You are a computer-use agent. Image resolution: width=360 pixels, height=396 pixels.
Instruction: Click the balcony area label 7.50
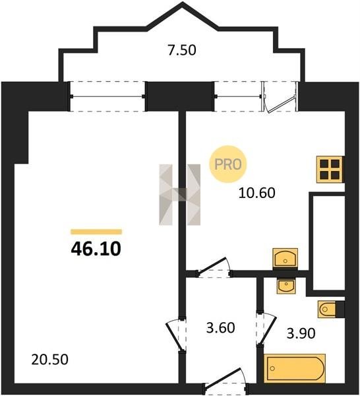[x=182, y=50]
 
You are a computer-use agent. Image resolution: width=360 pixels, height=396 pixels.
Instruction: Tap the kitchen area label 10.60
[x=257, y=193]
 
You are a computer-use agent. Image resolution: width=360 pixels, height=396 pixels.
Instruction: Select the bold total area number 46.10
[x=96, y=249]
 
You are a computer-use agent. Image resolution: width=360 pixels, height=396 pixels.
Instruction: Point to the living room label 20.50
[x=49, y=360]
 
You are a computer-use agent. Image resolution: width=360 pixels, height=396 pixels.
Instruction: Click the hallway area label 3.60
[x=220, y=328]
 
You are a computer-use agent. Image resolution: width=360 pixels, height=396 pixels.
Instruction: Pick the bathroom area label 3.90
[x=301, y=333]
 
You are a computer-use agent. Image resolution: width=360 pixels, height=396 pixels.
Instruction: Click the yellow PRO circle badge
[x=228, y=164]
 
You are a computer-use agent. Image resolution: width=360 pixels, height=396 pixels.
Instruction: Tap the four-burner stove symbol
[x=330, y=169]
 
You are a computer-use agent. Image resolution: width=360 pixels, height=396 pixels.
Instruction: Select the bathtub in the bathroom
[x=295, y=368]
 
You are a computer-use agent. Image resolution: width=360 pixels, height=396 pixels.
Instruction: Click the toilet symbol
[x=327, y=309]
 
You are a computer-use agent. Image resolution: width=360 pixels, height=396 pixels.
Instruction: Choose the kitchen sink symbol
[x=285, y=257]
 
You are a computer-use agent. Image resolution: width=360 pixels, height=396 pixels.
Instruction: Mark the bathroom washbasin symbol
[x=286, y=286]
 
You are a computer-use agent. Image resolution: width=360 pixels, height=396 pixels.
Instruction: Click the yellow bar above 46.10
[x=96, y=232]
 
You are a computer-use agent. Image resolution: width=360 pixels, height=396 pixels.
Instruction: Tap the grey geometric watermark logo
[x=179, y=195]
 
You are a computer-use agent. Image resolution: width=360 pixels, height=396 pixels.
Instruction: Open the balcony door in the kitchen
[x=279, y=96]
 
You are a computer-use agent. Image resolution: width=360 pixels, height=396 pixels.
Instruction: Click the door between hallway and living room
[x=176, y=333]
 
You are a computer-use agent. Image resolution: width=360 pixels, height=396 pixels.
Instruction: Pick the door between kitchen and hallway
[x=214, y=268]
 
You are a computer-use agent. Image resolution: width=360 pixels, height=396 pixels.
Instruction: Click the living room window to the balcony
[x=107, y=96]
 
